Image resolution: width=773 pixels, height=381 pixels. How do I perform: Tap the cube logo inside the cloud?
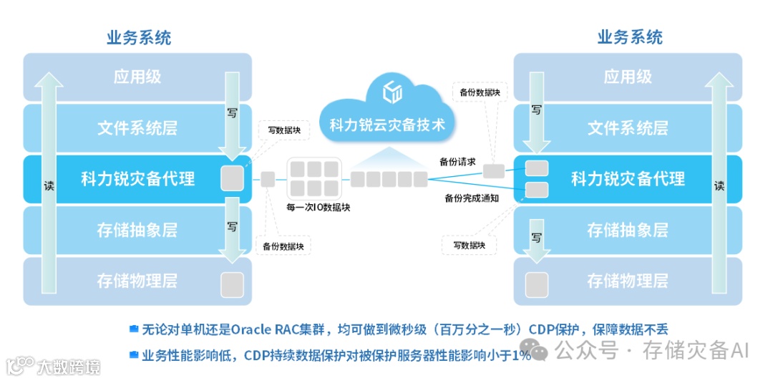pyautogui.click(x=393, y=92)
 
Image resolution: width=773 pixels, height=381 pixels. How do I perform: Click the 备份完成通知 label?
pyautogui.click(x=471, y=198)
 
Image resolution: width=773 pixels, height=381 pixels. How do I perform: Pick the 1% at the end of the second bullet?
pyautogui.click(x=521, y=355)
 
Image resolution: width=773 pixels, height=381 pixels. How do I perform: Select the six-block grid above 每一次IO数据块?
pyautogui.click(x=313, y=178)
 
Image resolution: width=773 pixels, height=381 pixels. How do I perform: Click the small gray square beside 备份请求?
pyautogui.click(x=493, y=171)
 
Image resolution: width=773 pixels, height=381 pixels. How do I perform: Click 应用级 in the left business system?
pyautogui.click(x=137, y=77)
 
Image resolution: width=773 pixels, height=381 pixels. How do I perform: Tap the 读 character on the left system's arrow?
pyautogui.click(x=48, y=184)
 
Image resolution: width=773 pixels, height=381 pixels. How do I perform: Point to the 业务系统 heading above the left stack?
pyautogui.click(x=138, y=37)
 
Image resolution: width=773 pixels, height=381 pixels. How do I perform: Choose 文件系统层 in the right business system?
pyautogui.click(x=628, y=128)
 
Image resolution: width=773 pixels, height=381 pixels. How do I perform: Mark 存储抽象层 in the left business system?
pyautogui.click(x=137, y=231)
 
